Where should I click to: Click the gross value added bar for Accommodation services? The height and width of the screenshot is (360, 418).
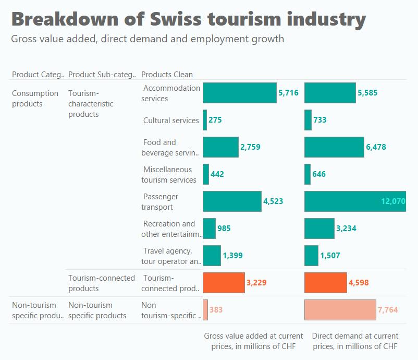(240, 93)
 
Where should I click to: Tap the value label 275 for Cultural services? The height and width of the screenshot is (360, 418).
(215, 120)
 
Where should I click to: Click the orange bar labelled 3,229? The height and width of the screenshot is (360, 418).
(224, 283)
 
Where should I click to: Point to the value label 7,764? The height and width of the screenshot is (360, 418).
(387, 310)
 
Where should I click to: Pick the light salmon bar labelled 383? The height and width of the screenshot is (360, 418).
(205, 310)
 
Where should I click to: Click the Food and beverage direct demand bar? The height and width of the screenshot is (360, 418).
(334, 147)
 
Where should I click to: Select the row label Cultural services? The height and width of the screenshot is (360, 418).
(171, 121)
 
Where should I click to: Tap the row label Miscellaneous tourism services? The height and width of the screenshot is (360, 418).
(169, 175)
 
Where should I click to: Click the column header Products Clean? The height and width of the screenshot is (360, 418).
(167, 75)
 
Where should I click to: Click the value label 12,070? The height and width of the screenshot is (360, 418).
(393, 201)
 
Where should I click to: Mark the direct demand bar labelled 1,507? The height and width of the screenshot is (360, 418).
(311, 256)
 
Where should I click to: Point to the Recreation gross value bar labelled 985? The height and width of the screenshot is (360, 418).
(209, 229)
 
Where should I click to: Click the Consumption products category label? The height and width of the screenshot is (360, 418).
(35, 99)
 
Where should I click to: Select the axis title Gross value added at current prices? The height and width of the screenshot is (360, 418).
(253, 341)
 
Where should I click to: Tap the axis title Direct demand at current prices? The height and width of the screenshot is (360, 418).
(355, 341)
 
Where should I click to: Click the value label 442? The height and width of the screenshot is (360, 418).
(217, 174)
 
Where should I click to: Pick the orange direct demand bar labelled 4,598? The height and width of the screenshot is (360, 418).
(325, 283)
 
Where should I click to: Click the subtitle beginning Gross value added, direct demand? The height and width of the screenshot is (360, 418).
(147, 39)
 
